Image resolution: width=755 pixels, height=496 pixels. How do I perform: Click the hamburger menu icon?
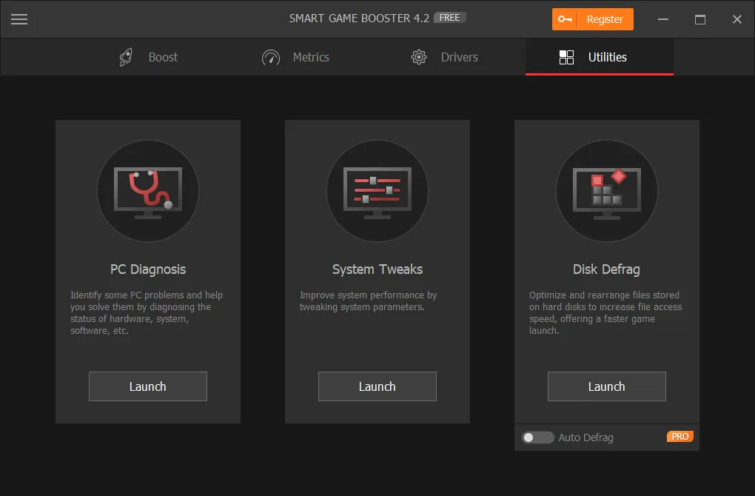(19, 20)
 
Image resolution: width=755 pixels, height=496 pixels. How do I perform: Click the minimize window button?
(662, 20)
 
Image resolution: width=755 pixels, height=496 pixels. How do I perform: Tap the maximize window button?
(700, 20)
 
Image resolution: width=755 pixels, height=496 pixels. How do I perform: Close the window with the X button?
(737, 20)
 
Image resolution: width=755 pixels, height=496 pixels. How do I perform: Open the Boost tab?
(148, 57)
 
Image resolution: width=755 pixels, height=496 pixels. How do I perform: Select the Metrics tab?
(295, 57)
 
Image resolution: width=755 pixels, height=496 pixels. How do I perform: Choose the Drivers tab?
(444, 57)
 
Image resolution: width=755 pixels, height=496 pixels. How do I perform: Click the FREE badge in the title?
(449, 18)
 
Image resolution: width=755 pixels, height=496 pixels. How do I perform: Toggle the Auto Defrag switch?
(537, 438)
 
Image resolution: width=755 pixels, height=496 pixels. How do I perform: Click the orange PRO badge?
(679, 437)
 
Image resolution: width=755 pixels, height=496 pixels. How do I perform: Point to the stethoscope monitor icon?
(148, 191)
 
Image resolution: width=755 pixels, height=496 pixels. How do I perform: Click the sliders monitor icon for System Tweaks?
(377, 191)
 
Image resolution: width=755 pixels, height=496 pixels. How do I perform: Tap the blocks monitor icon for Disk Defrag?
(607, 191)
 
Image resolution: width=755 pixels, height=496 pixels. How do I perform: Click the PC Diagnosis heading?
(148, 269)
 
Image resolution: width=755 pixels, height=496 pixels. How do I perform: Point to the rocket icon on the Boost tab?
(127, 57)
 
